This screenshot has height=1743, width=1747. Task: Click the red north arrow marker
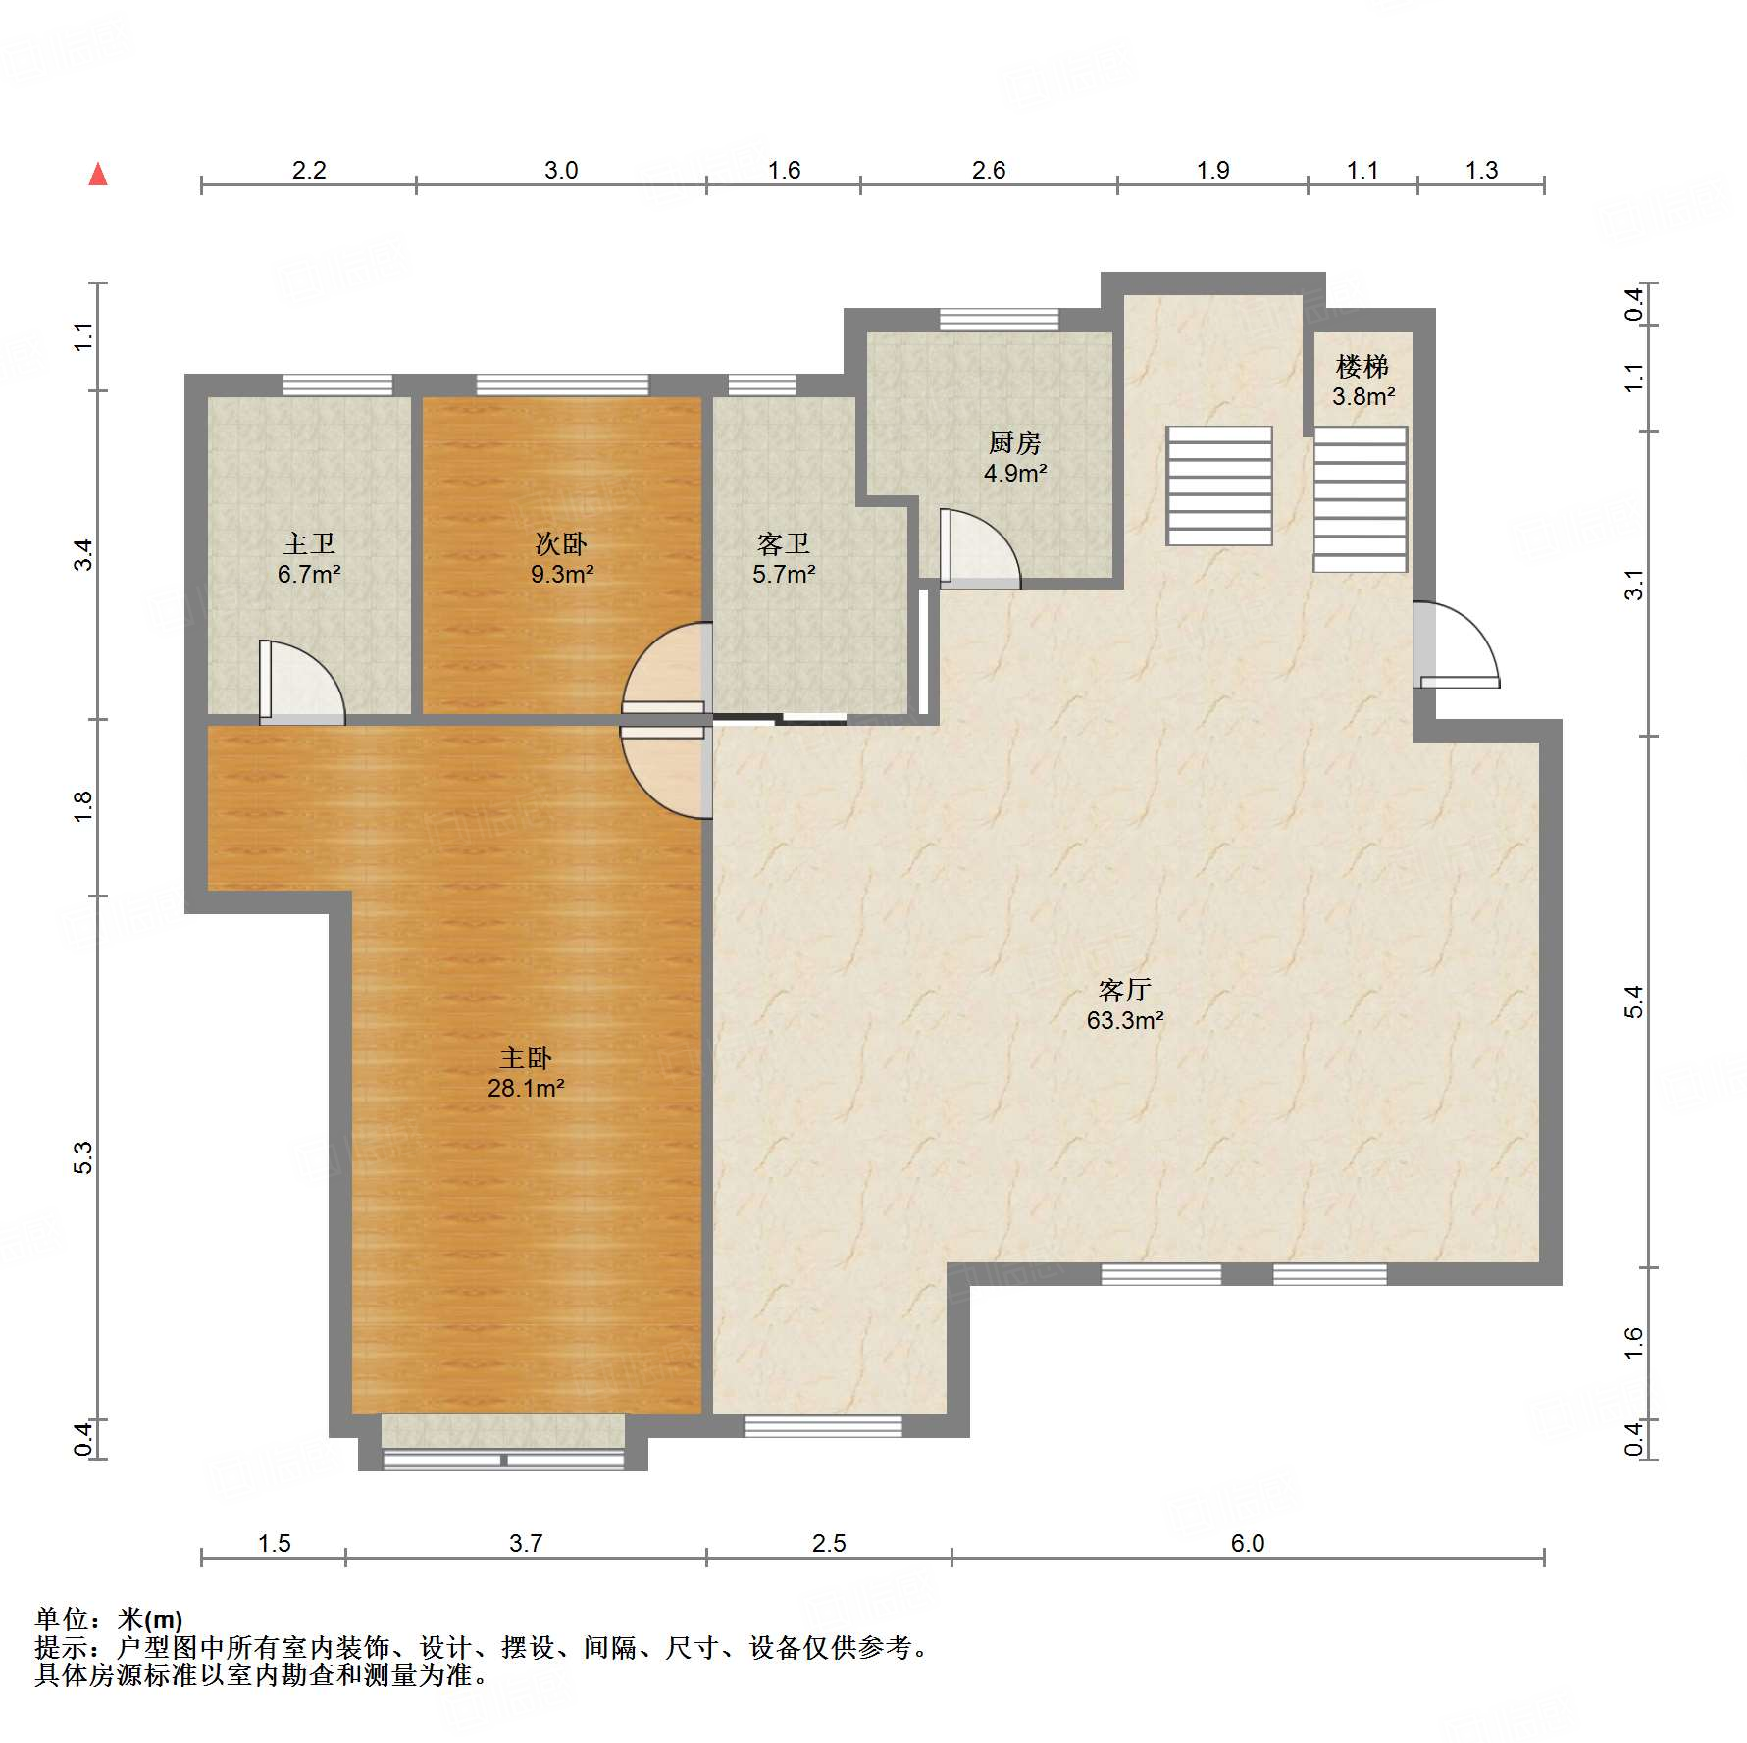click(98, 175)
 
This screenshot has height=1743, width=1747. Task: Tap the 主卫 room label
click(309, 558)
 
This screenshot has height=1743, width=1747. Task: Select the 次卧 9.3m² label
click(562, 558)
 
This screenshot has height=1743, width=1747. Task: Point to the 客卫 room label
click(784, 558)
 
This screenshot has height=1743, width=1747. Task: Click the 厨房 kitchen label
click(1015, 457)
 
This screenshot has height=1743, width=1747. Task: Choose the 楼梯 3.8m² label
click(1363, 381)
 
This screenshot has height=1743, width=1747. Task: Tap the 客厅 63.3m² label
click(1125, 1004)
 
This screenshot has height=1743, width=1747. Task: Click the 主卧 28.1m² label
click(526, 1072)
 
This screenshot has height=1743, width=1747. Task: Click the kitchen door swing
click(979, 549)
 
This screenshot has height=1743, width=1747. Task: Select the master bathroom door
click(302, 683)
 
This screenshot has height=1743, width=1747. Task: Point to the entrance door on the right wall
click(1456, 644)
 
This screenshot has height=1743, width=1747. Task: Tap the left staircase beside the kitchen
click(1219, 486)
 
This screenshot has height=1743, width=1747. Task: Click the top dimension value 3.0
click(561, 171)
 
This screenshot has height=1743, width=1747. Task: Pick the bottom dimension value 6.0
click(1248, 1544)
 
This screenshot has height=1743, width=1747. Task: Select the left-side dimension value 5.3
click(83, 1157)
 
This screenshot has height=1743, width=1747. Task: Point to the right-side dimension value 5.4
click(1633, 1001)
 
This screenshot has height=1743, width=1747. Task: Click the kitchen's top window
click(1000, 320)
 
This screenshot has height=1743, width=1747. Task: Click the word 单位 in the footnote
click(61, 1619)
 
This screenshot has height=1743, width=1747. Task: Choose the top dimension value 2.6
click(989, 171)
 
